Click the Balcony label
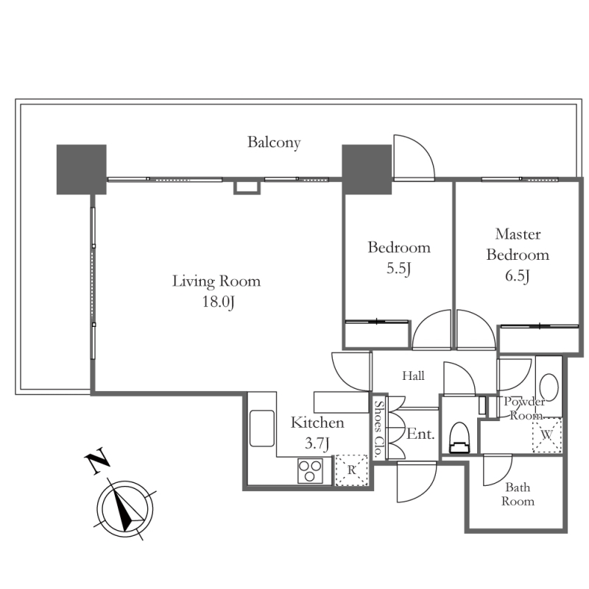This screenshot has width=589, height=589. point(274,142)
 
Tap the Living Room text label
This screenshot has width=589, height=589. point(216,281)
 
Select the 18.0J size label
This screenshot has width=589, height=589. point(218,302)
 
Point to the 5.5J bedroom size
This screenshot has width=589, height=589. point(398,269)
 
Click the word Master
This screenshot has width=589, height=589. point(518,234)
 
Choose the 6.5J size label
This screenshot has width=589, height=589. point(518,276)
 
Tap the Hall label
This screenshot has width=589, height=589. point(413,375)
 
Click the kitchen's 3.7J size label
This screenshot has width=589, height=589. point(317,444)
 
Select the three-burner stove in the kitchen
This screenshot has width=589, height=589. point(310,470)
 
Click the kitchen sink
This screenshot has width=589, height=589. point(262,428)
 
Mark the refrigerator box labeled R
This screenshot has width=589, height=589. point(351,470)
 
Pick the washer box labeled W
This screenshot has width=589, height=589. point(547,435)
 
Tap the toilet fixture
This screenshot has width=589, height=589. point(460,438)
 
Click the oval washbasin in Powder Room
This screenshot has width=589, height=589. point(549,387)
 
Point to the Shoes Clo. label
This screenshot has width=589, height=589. point(379,428)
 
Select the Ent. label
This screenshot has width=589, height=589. point(420,434)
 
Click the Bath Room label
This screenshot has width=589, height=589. point(518,494)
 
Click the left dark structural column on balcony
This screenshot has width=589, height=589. point(82,169)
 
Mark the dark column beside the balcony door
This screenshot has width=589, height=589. point(367,169)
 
